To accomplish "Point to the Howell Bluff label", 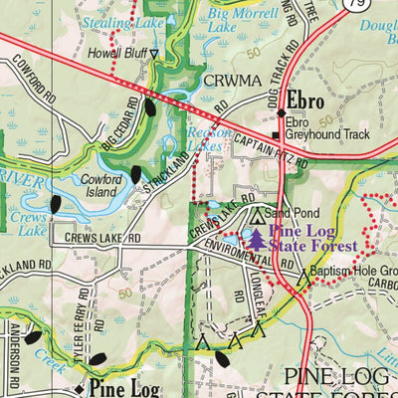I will pyautogui.click(x=116, y=53).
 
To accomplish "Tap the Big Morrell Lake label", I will pyautogui.click(x=236, y=20).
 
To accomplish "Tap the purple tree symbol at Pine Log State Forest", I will pyautogui.click(x=257, y=238).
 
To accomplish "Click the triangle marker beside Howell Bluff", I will pyautogui.click(x=153, y=54).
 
